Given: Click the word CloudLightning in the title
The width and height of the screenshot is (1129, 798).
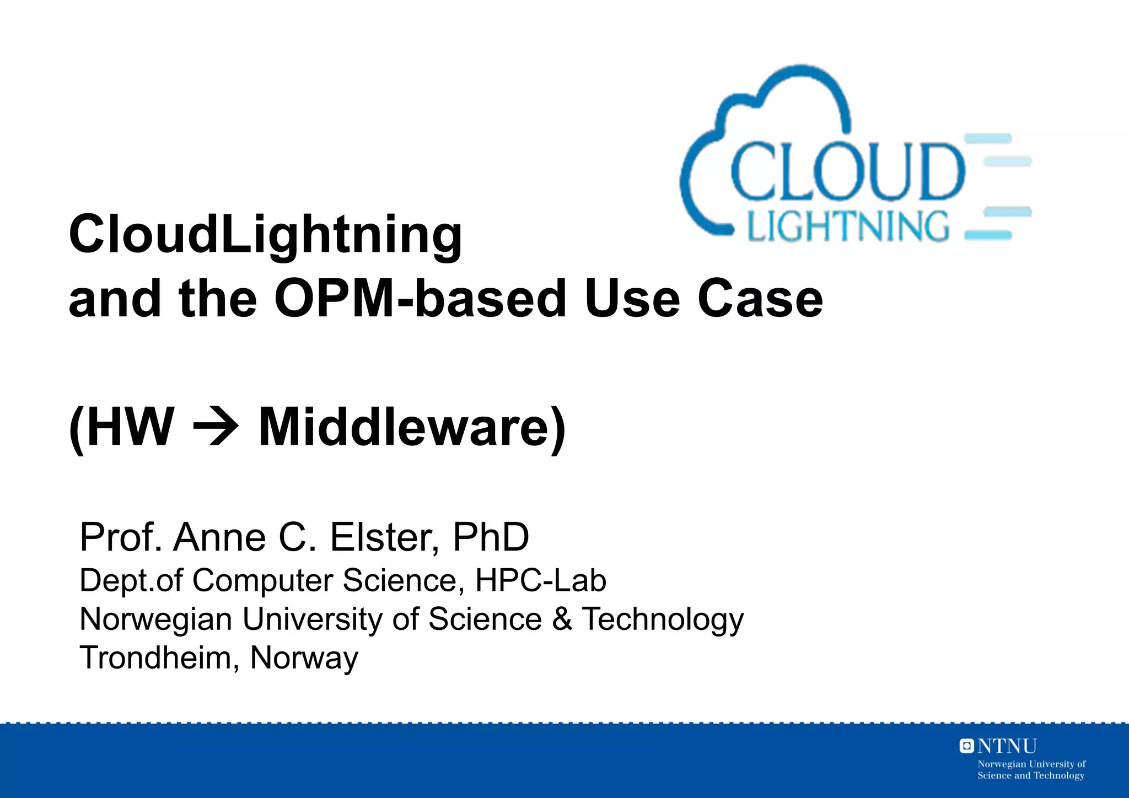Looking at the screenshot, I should [265, 235].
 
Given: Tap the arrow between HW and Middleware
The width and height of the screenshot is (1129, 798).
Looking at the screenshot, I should [216, 427].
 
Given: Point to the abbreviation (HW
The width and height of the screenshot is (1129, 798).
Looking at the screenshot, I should [122, 427].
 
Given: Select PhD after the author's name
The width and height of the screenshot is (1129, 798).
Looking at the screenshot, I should [491, 537].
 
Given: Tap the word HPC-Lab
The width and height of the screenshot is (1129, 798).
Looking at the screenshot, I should [540, 580].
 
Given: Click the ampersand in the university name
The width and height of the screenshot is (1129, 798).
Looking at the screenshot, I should [562, 618].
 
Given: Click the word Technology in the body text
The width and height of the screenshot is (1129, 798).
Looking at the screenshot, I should [663, 619].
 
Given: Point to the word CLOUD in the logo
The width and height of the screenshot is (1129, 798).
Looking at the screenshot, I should [847, 172].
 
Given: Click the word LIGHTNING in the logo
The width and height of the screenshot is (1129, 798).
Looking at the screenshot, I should [848, 227].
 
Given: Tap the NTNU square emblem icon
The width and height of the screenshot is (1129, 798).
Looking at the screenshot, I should [966, 746].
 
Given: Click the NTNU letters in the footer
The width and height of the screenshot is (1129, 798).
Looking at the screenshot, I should [1007, 746].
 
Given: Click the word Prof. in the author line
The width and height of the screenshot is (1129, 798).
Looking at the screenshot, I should [121, 537].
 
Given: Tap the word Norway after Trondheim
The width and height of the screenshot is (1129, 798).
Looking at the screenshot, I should [304, 657].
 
